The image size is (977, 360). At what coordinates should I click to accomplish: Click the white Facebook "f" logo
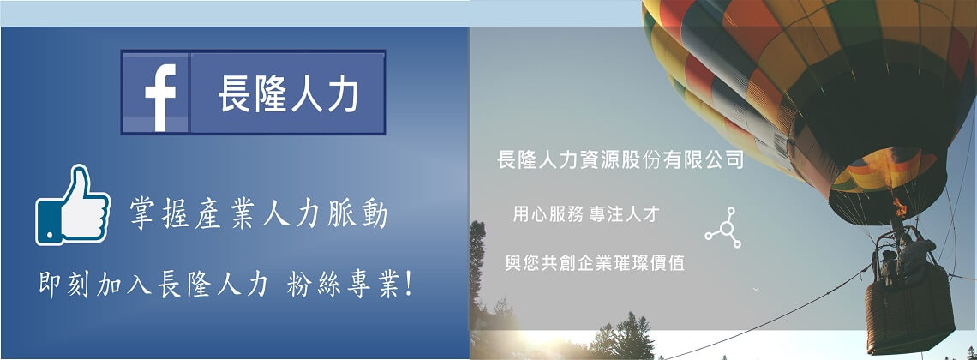(x=161, y=97)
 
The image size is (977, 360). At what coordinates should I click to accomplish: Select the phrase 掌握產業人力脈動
(x=259, y=214)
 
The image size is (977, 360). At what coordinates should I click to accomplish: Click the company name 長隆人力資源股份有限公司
(x=620, y=160)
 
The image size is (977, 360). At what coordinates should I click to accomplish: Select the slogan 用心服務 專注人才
(x=586, y=215)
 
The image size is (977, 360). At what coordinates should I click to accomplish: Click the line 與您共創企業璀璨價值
(x=595, y=263)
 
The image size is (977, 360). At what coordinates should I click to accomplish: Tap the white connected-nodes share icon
(x=723, y=228)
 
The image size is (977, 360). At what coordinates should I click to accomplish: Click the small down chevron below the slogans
(x=756, y=289)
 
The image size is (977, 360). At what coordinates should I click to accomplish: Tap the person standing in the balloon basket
(x=914, y=256)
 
